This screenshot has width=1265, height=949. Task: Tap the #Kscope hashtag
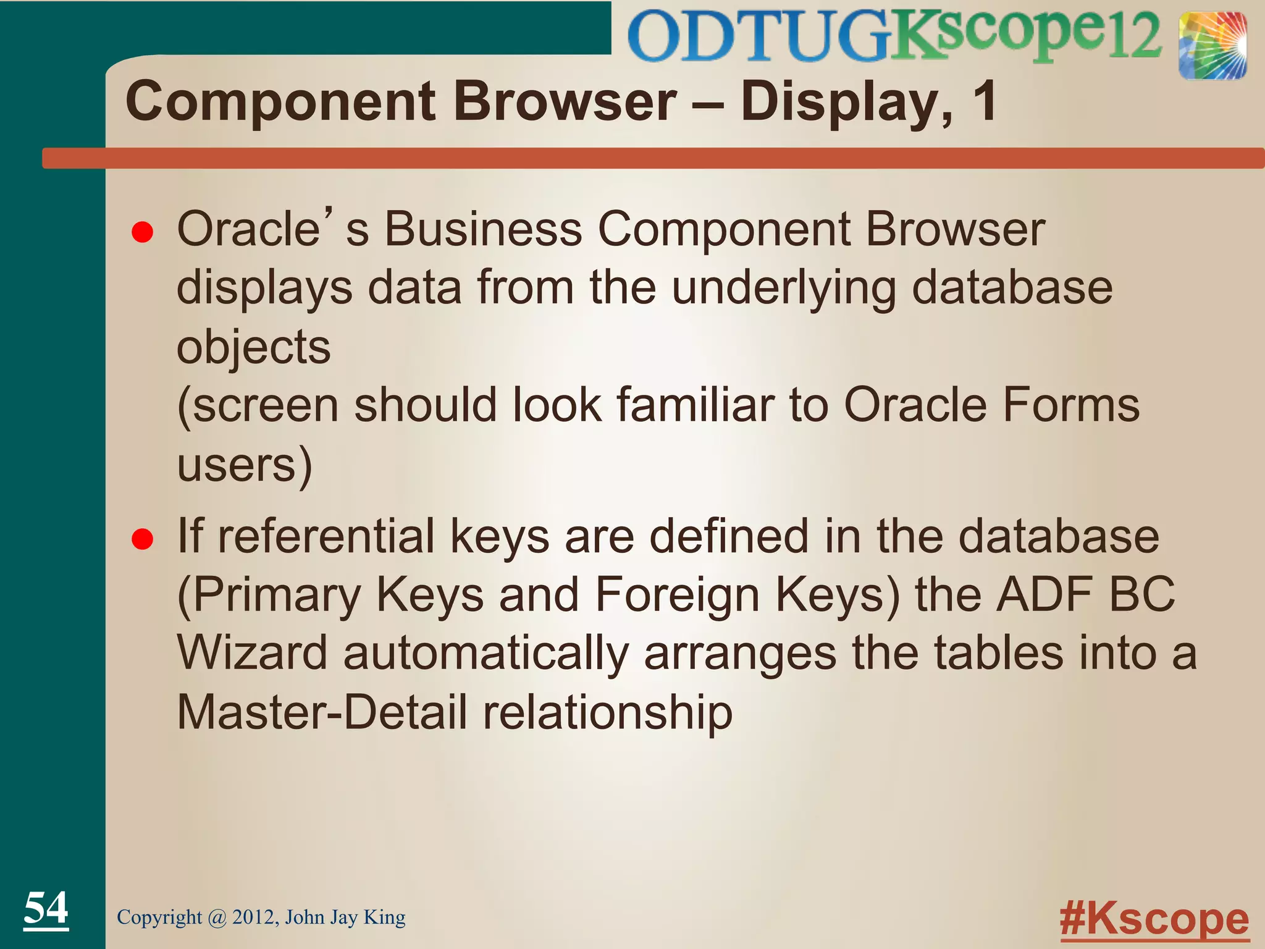(x=1154, y=919)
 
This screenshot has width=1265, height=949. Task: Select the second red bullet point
(x=143, y=539)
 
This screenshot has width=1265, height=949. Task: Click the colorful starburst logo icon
(x=1212, y=46)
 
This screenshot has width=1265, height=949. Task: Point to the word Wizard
(x=252, y=653)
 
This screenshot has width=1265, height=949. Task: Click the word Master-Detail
(x=322, y=712)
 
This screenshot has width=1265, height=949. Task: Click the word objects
(x=254, y=348)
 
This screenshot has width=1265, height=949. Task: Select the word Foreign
(x=677, y=595)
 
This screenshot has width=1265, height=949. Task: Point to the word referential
(x=327, y=536)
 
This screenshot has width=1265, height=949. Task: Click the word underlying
(x=784, y=289)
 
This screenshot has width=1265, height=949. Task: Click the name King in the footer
(x=384, y=917)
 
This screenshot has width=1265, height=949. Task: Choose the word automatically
(x=486, y=654)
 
